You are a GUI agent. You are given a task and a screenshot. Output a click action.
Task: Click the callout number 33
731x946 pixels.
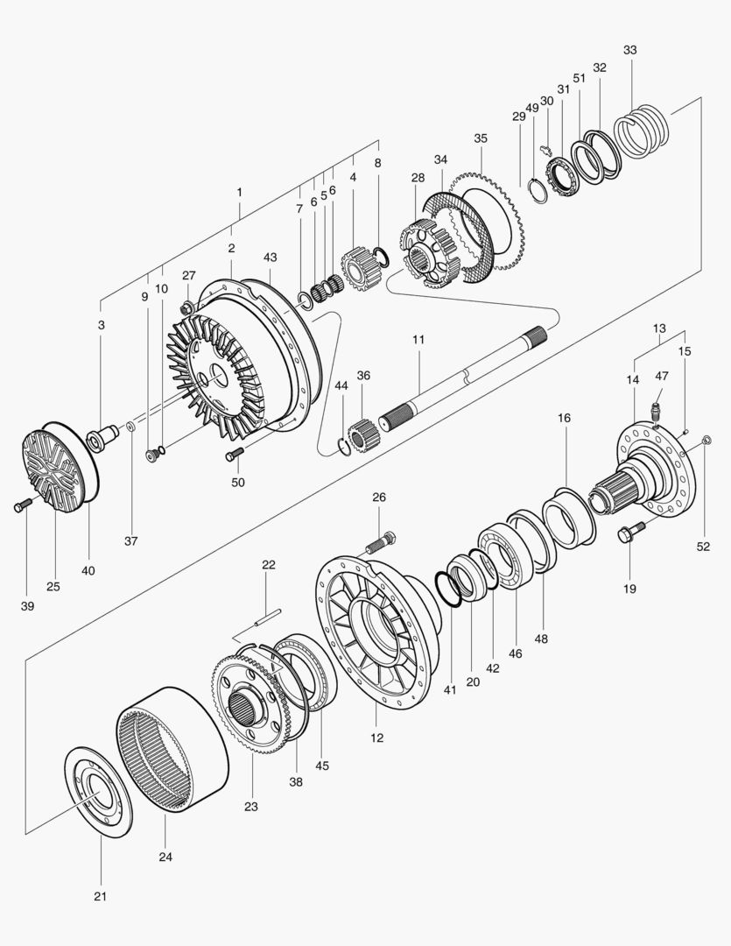point(630,50)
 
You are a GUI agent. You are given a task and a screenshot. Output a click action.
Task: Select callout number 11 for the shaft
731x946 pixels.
point(418,338)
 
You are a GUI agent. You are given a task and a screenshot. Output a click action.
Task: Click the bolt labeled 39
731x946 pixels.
point(23,505)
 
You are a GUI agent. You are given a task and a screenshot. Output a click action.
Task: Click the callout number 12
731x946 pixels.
point(377,738)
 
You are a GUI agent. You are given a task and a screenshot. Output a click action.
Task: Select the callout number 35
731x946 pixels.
point(480,138)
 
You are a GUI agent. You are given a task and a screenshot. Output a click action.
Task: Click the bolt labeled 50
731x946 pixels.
point(234,454)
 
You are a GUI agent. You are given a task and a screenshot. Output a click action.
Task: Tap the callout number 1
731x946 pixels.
point(239,191)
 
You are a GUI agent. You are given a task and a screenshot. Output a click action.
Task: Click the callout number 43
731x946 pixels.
point(270,257)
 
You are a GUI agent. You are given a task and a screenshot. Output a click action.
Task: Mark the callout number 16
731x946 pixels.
point(564,419)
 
